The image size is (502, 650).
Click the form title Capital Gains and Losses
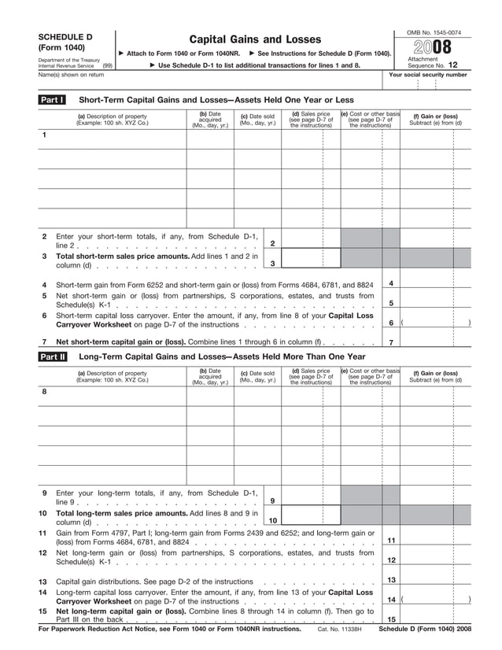point(255,39)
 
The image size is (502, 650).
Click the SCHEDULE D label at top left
point(66,37)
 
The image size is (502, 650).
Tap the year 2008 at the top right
point(434,46)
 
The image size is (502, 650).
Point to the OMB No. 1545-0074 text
point(434,31)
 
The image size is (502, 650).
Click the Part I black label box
point(52,100)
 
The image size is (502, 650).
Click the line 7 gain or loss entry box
point(435,342)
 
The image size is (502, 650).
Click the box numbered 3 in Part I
point(272,264)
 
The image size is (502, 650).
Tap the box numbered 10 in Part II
point(272,520)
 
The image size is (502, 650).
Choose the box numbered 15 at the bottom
point(391,619)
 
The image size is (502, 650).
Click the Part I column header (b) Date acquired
point(209,120)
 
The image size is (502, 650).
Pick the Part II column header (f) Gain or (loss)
point(435,376)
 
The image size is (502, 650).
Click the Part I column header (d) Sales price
point(311,120)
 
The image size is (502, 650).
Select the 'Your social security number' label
point(428,75)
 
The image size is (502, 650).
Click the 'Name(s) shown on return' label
point(72,75)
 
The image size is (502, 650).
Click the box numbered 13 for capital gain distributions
point(391,580)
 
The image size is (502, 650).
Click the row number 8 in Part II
point(44,391)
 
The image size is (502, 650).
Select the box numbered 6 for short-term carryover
point(391,323)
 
